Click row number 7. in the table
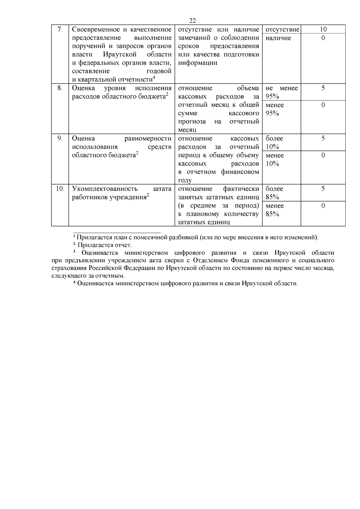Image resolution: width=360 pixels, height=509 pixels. (60, 29)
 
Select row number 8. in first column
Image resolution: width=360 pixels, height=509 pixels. (60, 88)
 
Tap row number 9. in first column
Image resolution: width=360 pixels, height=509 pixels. (60, 139)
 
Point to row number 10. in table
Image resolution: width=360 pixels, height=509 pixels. (60, 189)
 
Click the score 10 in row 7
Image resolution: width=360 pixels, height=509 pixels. (323, 29)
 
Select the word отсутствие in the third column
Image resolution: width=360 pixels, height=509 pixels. (282, 29)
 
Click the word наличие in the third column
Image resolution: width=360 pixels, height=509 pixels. (278, 38)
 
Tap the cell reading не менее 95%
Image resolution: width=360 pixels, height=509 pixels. (281, 92)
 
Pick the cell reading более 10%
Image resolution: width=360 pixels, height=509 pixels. (274, 142)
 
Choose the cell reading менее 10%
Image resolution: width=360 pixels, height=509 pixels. (274, 160)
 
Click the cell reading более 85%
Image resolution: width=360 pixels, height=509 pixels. (274, 193)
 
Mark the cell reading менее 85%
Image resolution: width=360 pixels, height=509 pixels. (274, 210)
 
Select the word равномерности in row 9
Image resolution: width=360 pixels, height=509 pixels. (148, 139)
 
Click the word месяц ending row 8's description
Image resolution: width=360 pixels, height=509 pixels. (187, 130)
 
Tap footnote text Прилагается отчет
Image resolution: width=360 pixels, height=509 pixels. (105, 245)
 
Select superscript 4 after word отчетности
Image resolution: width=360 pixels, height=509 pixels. (154, 78)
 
